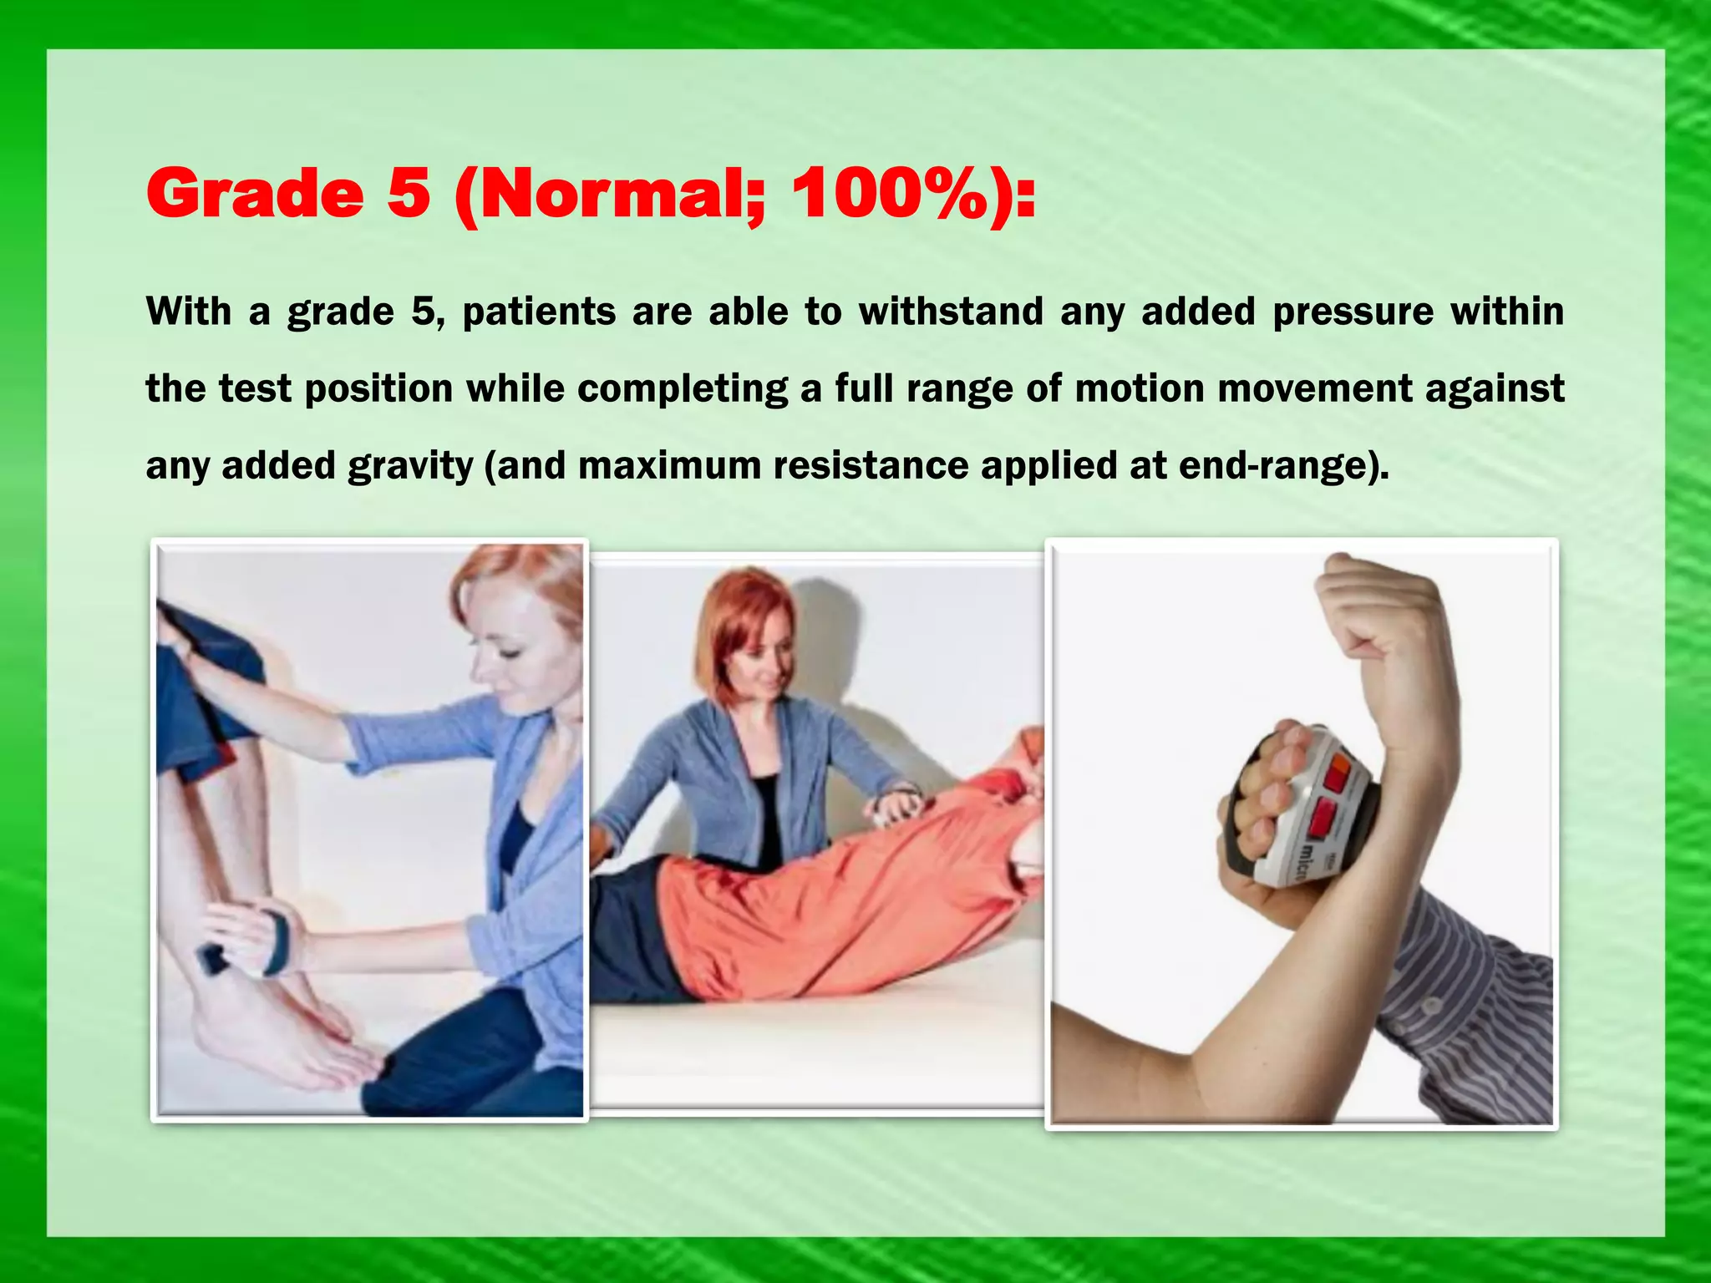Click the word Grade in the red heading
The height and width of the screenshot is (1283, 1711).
coord(255,194)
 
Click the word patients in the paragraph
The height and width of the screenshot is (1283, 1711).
coord(539,312)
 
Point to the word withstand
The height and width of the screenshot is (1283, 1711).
coord(951,312)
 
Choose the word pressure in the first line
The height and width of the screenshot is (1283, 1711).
coord(1353,312)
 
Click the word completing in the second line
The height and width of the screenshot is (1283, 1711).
coord(682,389)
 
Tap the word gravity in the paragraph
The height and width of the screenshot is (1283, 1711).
coord(410,466)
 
